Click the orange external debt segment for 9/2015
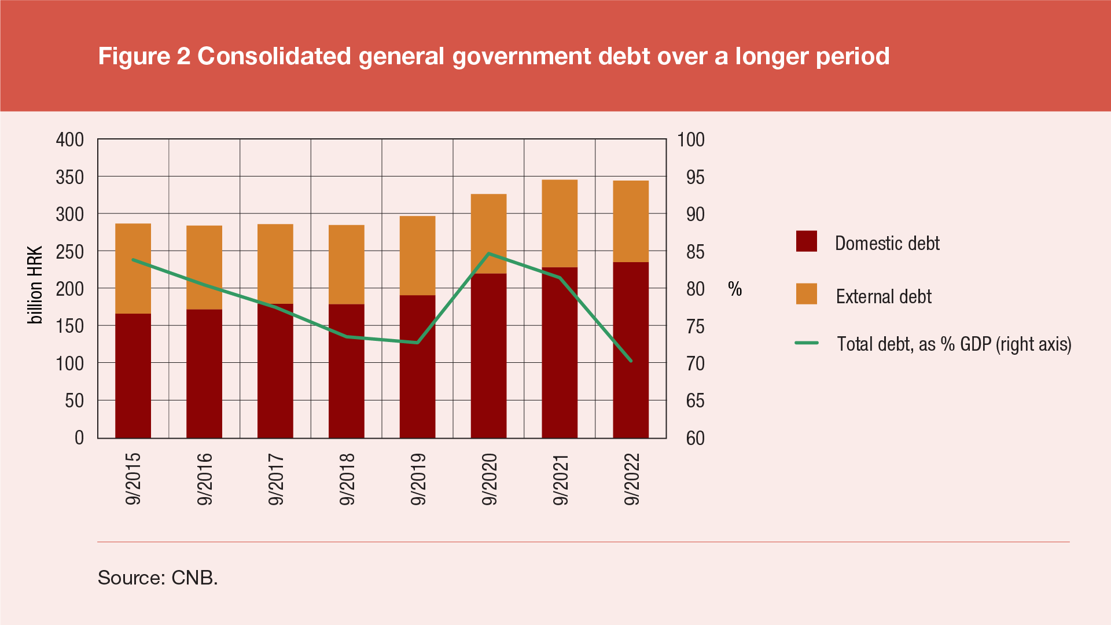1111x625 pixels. pos(133,269)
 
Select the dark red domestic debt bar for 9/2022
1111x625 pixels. pos(631,350)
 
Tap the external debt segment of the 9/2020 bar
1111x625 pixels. pos(488,234)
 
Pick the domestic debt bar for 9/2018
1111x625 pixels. pos(346,371)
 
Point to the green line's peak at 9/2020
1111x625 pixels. pos(489,253)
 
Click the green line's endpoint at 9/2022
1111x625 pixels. pos(631,361)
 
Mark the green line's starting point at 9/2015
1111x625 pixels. pos(133,260)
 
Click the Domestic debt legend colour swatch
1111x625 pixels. pos(806,241)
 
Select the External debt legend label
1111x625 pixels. pos(883,296)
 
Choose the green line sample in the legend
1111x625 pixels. pos(806,343)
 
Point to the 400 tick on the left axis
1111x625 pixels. pos(70,139)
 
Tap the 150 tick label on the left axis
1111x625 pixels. pos(70,326)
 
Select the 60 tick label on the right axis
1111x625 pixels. pos(695,438)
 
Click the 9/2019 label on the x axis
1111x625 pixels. pos(418,479)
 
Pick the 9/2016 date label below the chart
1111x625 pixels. pos(205,479)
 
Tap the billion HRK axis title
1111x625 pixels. pos(35,285)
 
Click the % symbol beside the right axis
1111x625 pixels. pos(735,289)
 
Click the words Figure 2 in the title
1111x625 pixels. pos(144,56)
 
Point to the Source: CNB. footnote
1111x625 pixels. pos(157,578)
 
